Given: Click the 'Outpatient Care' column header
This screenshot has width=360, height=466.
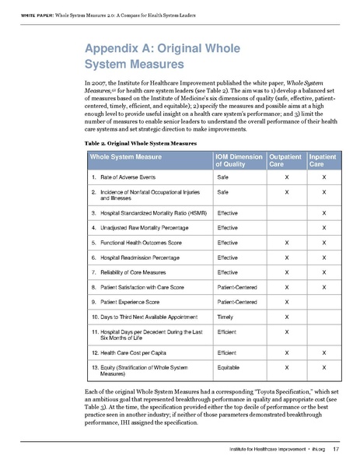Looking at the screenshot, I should pyautogui.click(x=285, y=162).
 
